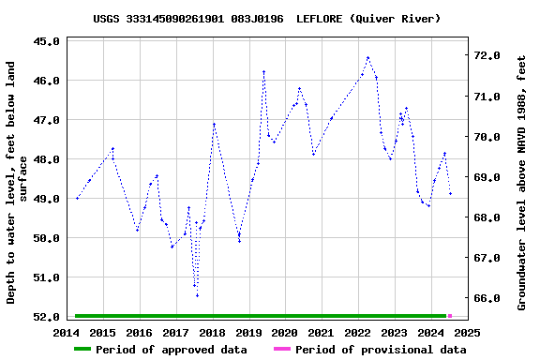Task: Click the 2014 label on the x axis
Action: (x=67, y=332)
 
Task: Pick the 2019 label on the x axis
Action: (x=248, y=332)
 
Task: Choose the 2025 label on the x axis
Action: (x=467, y=332)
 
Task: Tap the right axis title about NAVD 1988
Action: (x=522, y=182)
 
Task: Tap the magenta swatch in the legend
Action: (x=281, y=350)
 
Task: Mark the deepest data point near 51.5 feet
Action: (x=197, y=295)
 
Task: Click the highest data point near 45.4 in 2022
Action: (x=367, y=58)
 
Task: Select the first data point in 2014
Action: (x=77, y=198)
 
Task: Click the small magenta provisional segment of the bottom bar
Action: (x=450, y=316)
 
